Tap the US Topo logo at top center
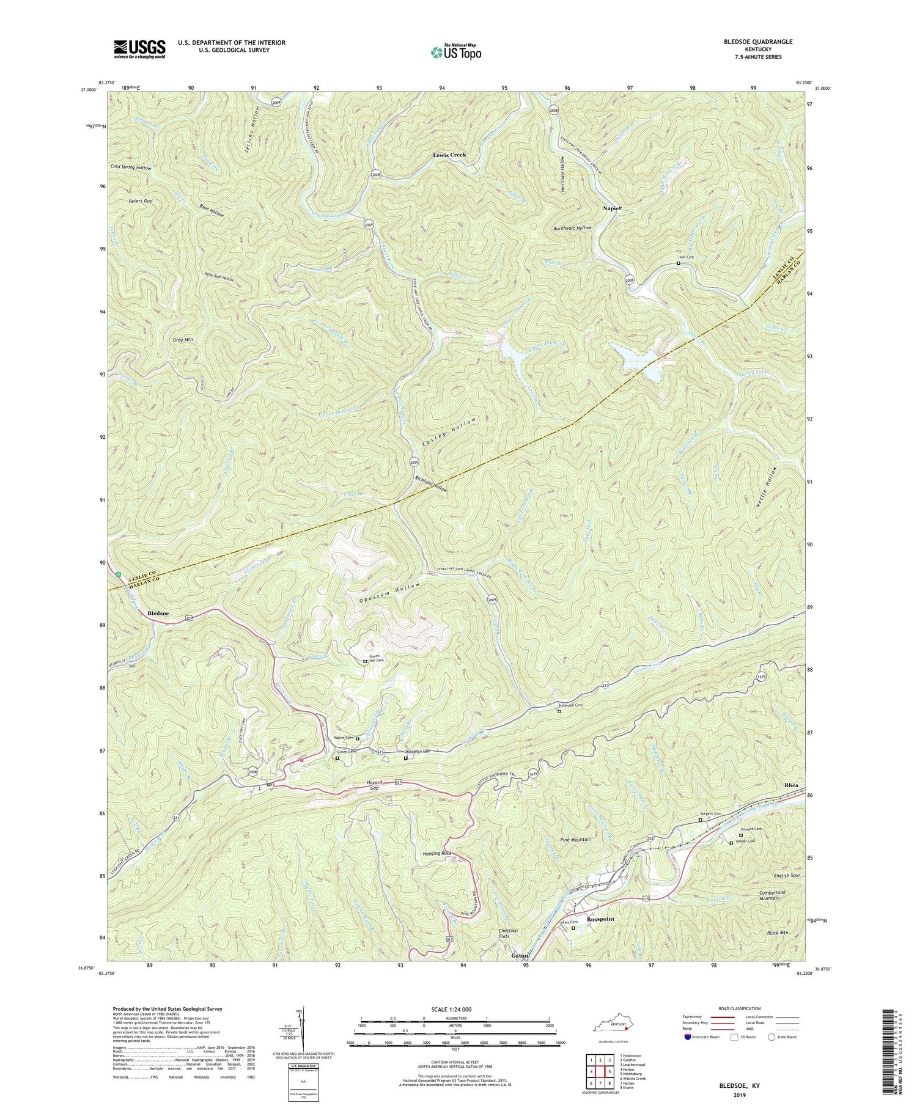click(455, 52)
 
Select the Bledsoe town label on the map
click(158, 612)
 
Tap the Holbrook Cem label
click(573, 705)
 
